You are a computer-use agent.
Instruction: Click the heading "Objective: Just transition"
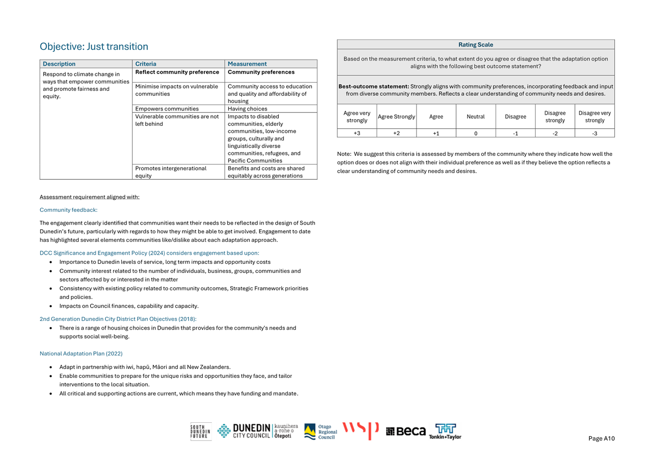(x=94, y=46)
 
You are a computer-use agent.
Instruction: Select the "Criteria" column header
(x=146, y=64)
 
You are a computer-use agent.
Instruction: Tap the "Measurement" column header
(x=247, y=64)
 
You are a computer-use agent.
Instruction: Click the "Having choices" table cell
(x=247, y=108)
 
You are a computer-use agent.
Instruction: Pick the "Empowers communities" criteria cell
(x=167, y=108)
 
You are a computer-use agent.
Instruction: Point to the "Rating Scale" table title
(x=476, y=44)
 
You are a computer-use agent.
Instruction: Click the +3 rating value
(x=357, y=133)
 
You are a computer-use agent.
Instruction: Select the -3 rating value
(x=594, y=133)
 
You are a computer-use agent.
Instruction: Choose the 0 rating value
(x=476, y=133)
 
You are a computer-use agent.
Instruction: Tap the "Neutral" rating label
(x=476, y=117)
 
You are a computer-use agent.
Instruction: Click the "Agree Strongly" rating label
(x=397, y=117)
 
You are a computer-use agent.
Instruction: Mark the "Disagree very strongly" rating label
(x=594, y=117)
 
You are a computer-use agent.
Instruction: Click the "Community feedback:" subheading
(x=68, y=210)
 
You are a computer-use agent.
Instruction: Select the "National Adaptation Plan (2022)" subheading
(x=81, y=354)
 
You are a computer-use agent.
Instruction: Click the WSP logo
(x=360, y=430)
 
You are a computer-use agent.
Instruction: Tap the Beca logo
(x=406, y=431)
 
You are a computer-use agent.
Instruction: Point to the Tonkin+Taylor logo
(x=445, y=431)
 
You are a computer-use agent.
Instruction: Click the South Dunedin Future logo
(x=201, y=431)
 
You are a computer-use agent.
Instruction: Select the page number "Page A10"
(x=601, y=439)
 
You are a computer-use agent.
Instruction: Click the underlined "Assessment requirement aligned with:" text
(x=89, y=197)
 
